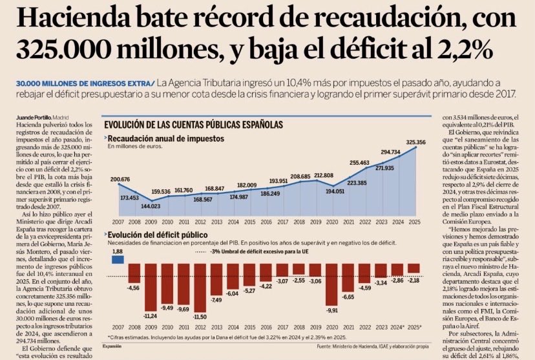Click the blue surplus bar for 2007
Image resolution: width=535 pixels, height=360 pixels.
click(x=117, y=259)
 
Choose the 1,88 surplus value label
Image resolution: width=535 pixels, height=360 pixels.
click(x=117, y=251)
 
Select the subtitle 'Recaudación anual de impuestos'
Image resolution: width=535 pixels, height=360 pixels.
click(x=162, y=139)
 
